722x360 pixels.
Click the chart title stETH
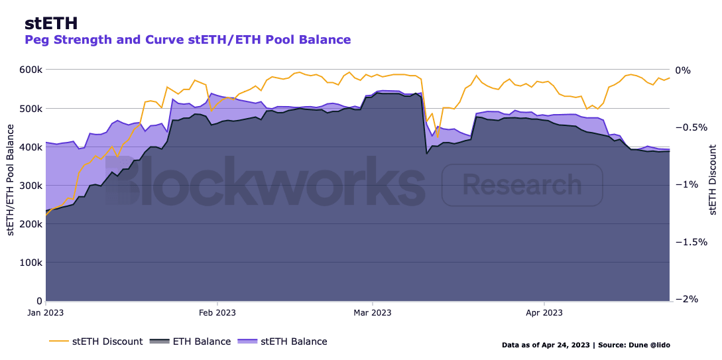51,23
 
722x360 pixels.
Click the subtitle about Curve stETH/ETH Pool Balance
188,40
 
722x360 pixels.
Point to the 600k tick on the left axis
30,70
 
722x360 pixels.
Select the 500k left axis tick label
30,108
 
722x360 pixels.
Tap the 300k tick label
30,185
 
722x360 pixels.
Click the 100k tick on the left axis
30,262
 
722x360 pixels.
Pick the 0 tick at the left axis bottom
39,300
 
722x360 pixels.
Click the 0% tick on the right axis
682,70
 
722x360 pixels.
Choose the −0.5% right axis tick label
690,127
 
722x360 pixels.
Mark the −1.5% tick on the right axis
690,242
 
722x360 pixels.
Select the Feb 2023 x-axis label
217,312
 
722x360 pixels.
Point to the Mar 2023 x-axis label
373,312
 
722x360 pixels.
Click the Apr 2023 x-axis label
544,312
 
